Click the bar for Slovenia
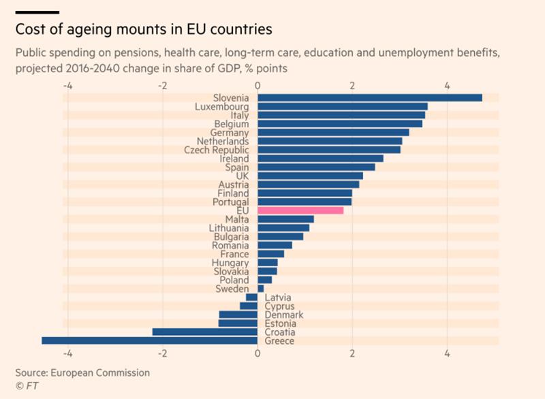pyautogui.click(x=370, y=98)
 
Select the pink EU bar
pyautogui.click(x=300, y=210)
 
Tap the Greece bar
pyautogui.click(x=150, y=340)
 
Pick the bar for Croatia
pyautogui.click(x=204, y=332)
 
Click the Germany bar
pyautogui.click(x=333, y=133)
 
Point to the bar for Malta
pyautogui.click(x=285, y=219)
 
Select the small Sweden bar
pyautogui.click(x=261, y=289)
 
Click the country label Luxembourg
pyautogui.click(x=221, y=107)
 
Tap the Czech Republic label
pyautogui.click(x=217, y=150)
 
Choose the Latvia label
pyautogui.click(x=278, y=298)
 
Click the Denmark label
pyautogui.click(x=283, y=315)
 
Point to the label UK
pyautogui.click(x=242, y=176)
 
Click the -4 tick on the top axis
pyautogui.click(x=68, y=86)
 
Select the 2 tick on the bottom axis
pyautogui.click(x=352, y=354)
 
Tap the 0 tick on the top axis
pyautogui.click(x=258, y=86)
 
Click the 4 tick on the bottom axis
pyautogui.click(x=447, y=354)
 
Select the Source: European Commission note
pyautogui.click(x=82, y=373)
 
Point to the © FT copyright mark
pyautogui.click(x=27, y=385)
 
